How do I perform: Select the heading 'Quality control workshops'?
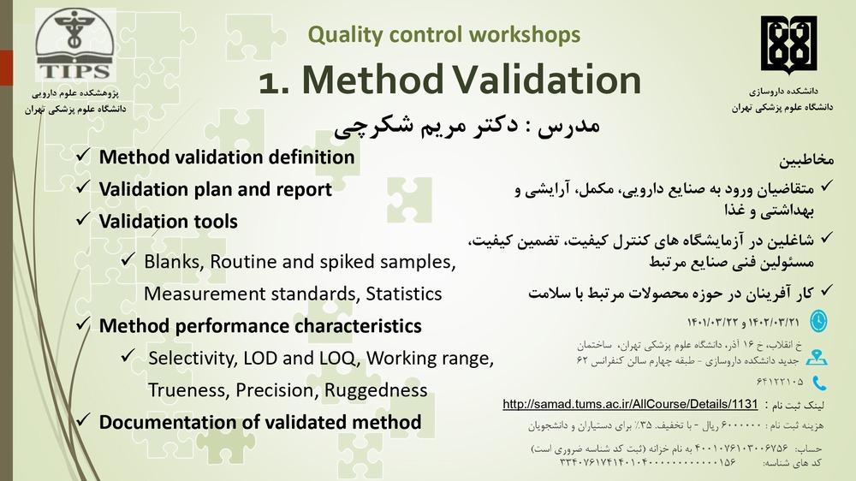[443, 35]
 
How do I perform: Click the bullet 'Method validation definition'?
[226, 157]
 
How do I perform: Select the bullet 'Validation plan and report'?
[215, 189]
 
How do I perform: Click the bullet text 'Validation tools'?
[168, 221]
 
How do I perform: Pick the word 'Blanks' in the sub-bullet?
[171, 261]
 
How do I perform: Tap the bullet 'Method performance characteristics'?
[259, 326]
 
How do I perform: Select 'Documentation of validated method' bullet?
[259, 422]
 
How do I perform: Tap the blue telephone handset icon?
[819, 382]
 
